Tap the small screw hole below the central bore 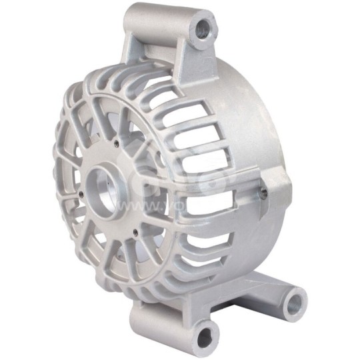tap(135, 232)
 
